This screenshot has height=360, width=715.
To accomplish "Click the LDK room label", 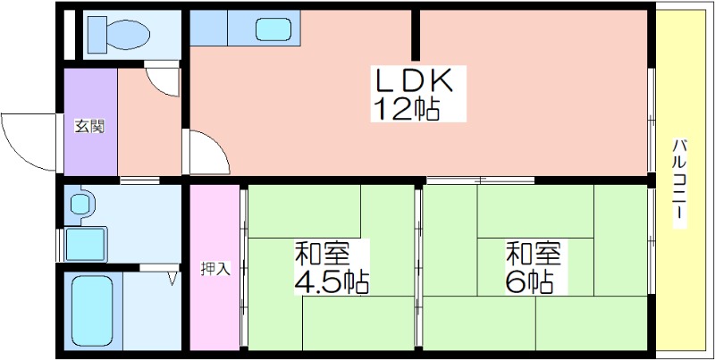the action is click(414, 80).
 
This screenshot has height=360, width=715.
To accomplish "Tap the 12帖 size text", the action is click(407, 109).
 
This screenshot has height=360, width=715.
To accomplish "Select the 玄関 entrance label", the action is click(90, 126).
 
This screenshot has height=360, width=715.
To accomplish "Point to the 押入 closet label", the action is click(215, 269).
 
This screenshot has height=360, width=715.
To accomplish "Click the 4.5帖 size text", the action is click(332, 281).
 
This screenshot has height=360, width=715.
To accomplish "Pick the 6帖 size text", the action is click(529, 282).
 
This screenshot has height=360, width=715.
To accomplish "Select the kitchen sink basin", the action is click(273, 29).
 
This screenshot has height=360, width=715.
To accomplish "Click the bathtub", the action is click(93, 311).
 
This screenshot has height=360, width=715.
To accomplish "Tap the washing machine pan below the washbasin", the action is click(85, 244).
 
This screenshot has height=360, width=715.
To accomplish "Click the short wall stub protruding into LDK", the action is click(416, 35).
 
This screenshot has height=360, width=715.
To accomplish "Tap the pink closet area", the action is click(214, 267).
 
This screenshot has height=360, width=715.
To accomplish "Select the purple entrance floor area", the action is click(90, 121).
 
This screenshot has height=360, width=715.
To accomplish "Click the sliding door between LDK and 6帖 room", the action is click(480, 180).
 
